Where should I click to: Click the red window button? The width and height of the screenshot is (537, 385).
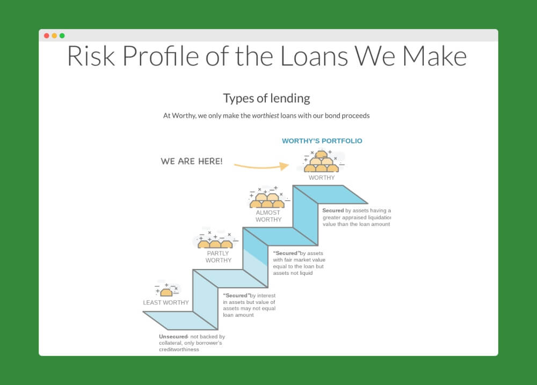47,35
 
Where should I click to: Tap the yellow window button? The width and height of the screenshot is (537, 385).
54,35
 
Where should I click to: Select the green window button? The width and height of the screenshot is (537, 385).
62,35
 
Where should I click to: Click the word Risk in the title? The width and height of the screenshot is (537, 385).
91,56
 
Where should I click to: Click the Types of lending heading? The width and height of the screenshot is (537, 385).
266,98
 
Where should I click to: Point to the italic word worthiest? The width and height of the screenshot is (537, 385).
265,115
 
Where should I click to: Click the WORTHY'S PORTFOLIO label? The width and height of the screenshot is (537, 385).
322,141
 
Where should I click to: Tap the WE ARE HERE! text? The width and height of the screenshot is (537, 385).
192,161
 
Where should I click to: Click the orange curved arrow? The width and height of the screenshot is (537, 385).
262,167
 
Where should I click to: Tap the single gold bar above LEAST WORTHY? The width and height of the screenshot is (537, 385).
166,292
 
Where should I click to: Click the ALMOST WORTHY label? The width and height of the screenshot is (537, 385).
268,216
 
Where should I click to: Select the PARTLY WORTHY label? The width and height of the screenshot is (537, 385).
218,257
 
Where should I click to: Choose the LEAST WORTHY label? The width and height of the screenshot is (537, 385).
166,302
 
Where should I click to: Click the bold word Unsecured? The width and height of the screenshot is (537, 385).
173,337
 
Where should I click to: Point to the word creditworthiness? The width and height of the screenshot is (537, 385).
179,350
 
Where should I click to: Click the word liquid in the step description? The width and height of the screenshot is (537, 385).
306,273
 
